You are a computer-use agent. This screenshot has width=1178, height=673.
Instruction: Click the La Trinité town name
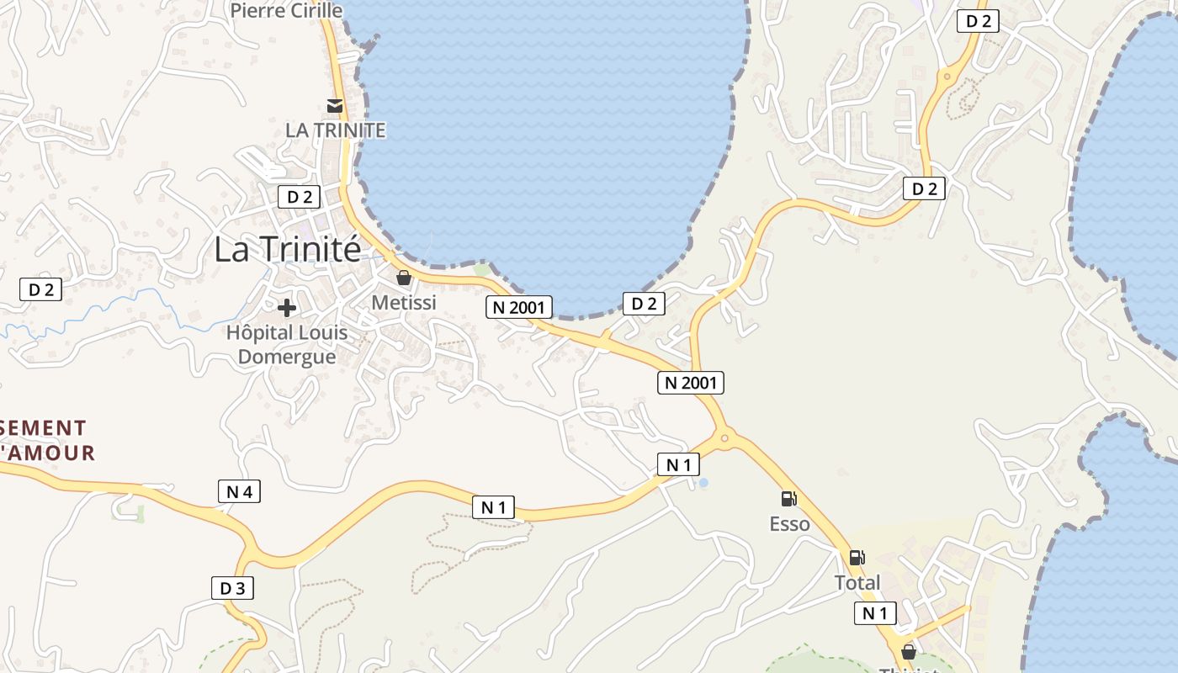(287, 249)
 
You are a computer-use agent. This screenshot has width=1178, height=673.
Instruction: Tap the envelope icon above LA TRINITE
(335, 106)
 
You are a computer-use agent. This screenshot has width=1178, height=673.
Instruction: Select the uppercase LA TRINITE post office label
(335, 130)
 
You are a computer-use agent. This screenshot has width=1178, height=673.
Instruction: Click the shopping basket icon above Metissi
(404, 278)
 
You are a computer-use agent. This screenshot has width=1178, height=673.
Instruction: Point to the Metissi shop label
(404, 302)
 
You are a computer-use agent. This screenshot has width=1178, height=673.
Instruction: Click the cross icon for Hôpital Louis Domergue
(287, 308)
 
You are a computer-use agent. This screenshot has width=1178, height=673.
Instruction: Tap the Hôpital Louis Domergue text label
(287, 344)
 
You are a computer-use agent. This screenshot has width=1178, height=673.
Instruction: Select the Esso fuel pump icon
(788, 499)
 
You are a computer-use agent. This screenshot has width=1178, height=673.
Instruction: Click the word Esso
(789, 524)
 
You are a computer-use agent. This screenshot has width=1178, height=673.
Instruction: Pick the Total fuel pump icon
(857, 557)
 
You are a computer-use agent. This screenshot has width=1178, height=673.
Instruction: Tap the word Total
(857, 582)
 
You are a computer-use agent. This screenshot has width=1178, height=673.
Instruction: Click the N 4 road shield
(239, 491)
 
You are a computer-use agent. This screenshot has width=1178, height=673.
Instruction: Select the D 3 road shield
(232, 588)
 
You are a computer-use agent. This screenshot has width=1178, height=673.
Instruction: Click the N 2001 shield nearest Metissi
(519, 307)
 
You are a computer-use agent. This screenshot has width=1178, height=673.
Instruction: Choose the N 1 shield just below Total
(875, 613)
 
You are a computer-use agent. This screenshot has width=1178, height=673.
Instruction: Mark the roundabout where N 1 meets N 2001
(724, 437)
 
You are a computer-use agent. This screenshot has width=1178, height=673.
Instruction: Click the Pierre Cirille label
(286, 11)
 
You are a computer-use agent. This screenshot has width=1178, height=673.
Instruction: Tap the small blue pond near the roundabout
(703, 482)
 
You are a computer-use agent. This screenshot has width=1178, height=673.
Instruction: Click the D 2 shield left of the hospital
(40, 289)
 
